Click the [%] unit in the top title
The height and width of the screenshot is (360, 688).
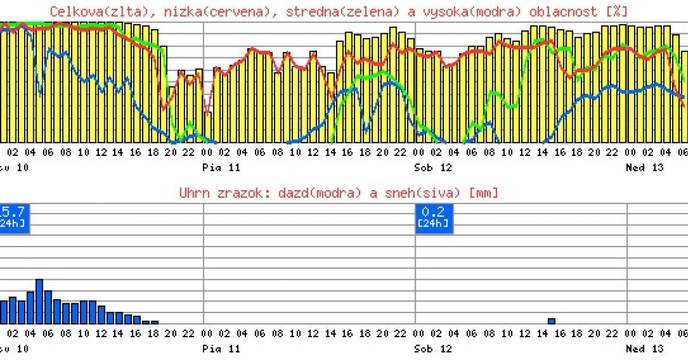click(620, 11)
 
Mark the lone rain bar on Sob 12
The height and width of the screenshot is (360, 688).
click(552, 321)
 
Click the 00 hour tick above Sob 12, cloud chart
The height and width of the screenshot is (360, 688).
click(419, 152)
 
